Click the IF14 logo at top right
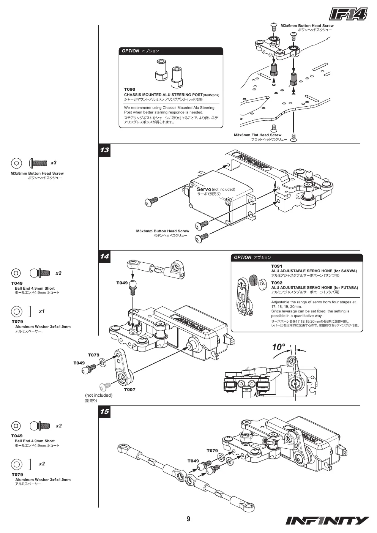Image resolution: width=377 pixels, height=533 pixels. [349, 14]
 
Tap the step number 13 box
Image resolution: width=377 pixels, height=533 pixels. [104, 150]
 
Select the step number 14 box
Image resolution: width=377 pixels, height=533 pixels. [104, 256]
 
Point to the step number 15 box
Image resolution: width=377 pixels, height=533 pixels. [104, 412]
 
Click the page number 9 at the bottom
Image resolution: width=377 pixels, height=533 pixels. [188, 519]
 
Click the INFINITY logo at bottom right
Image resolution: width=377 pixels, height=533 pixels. [327, 520]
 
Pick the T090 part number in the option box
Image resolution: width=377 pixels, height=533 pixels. [129, 90]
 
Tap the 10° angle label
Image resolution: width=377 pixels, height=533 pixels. [279, 347]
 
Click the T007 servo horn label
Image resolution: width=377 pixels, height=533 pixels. [130, 389]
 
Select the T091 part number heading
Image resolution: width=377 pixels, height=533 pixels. [276, 266]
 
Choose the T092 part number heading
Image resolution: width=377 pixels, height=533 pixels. [277, 283]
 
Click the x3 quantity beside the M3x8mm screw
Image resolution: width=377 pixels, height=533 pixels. [54, 163]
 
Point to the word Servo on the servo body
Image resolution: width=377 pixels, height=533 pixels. [204, 189]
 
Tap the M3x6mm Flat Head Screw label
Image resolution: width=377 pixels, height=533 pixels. [257, 135]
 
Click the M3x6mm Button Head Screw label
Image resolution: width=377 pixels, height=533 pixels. [307, 26]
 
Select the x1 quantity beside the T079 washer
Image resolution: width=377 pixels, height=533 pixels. [42, 311]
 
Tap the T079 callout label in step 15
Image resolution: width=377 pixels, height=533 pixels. [212, 451]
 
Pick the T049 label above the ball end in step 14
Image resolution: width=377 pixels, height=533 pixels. [122, 283]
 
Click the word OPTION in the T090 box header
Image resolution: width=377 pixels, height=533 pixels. [131, 51]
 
